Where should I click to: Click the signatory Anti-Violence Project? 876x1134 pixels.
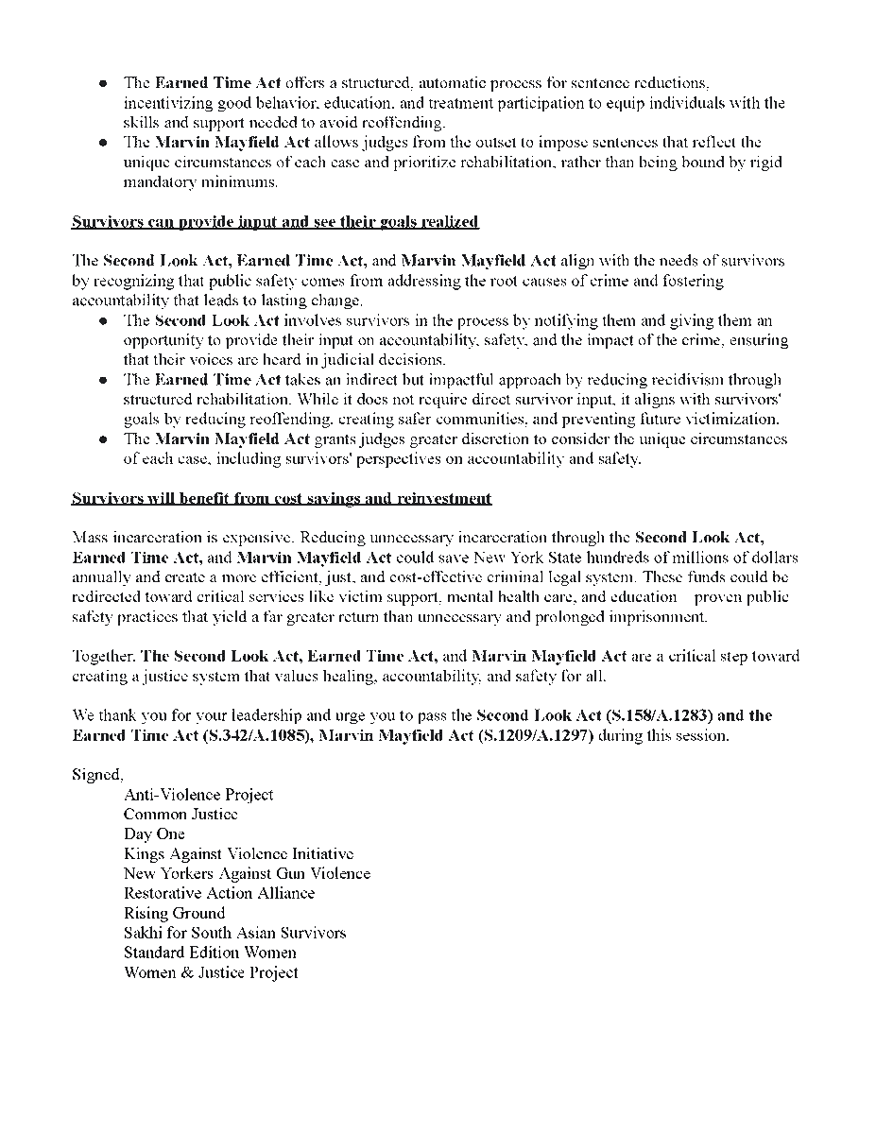198,795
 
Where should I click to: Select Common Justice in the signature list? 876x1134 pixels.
180,814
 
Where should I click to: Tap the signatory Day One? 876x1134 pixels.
154,833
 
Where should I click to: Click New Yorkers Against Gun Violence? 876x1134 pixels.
247,873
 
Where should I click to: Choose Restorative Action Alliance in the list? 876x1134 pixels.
219,893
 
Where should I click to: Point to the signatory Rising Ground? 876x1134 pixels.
174,913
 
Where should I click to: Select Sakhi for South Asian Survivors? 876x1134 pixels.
234,933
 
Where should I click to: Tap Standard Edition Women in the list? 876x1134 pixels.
210,953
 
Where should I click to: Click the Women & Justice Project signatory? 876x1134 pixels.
211,972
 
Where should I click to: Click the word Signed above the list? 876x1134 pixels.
96,775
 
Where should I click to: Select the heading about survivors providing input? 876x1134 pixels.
275,222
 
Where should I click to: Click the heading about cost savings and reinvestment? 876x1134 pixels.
282,498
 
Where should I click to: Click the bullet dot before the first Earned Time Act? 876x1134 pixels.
103,84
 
